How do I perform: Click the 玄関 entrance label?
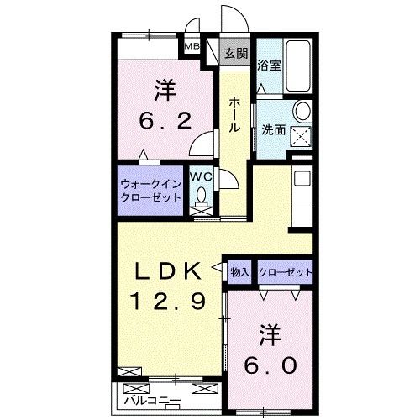pyautogui.click(x=236, y=55)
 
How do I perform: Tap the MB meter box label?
pyautogui.click(x=192, y=47)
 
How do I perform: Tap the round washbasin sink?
pyautogui.click(x=302, y=112)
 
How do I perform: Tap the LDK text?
pyautogui.click(x=169, y=271)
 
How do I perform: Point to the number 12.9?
pyautogui.click(x=169, y=300)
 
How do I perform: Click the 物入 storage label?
pyautogui.click(x=240, y=272)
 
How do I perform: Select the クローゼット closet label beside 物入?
pyautogui.click(x=286, y=272)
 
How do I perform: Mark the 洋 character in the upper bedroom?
pyautogui.click(x=164, y=89)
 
